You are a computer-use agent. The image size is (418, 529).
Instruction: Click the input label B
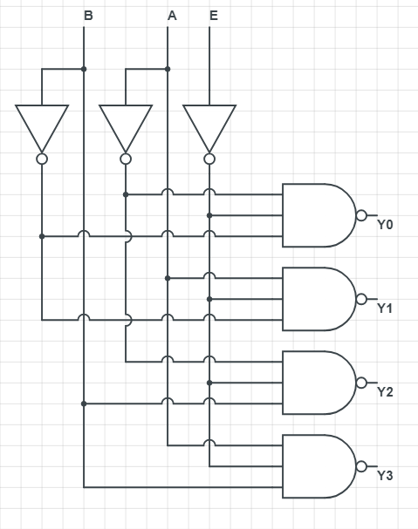point(88,16)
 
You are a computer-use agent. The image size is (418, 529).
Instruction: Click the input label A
point(172,16)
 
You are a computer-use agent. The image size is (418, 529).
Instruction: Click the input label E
point(214,16)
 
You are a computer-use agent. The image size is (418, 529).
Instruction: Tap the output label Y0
point(385,224)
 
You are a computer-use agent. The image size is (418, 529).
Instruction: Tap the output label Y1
point(385,308)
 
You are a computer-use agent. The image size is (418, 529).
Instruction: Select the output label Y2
point(385,392)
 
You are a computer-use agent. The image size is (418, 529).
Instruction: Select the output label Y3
point(385,476)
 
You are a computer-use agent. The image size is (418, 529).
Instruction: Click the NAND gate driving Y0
point(319,215)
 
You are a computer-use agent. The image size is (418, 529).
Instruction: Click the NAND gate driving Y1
point(319,299)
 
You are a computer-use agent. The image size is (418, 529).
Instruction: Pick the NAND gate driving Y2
point(319,383)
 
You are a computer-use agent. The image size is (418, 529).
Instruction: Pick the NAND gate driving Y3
point(319,466)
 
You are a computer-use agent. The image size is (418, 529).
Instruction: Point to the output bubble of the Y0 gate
point(361,215)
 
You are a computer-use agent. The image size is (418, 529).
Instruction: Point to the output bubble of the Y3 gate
point(361,466)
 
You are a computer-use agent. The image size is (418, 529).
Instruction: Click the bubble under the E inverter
point(209,159)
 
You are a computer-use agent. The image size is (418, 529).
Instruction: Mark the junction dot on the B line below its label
point(84,69)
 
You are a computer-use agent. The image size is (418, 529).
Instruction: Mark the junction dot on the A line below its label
point(168,69)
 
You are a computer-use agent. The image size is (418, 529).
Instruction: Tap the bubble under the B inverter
point(42,159)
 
